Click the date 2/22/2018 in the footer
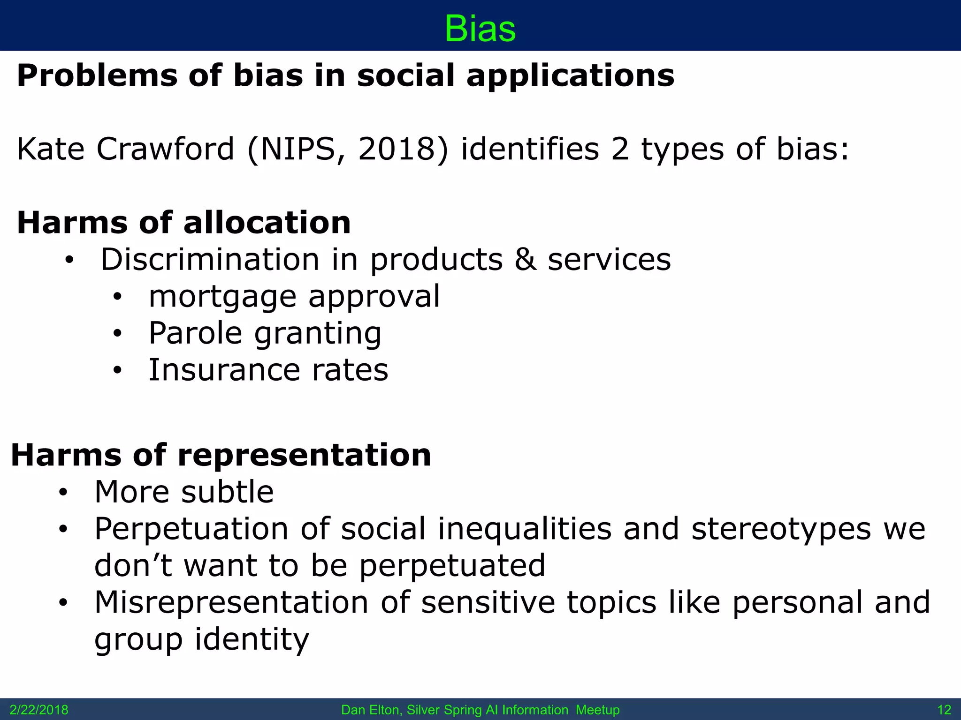coord(39,710)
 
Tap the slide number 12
coord(944,710)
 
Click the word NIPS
coord(297,149)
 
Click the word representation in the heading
coord(305,455)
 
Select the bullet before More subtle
coord(63,493)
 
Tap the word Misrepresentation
coord(231,602)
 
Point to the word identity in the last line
coord(252,639)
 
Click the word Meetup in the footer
coord(597,710)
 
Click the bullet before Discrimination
coord(69,261)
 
